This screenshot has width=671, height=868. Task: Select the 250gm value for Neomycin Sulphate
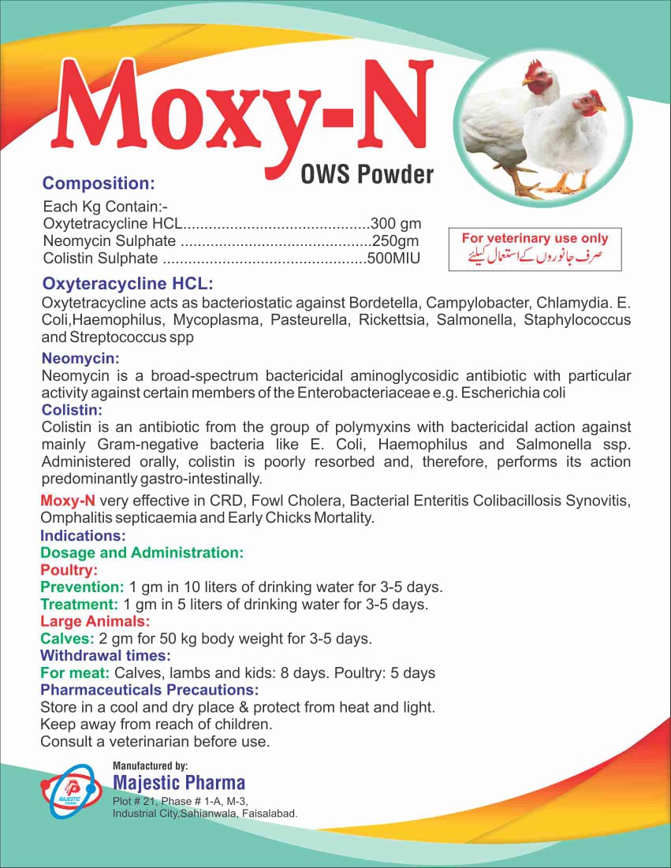[x=395, y=240]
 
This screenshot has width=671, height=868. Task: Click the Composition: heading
[x=99, y=184]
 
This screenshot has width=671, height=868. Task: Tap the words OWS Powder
[x=367, y=173]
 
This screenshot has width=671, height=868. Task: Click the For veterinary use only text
[x=535, y=238]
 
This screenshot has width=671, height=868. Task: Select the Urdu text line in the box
[x=535, y=256]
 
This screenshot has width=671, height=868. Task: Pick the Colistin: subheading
[x=72, y=409]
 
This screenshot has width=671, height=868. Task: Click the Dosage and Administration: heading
[x=142, y=553]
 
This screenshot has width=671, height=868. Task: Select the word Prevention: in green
[x=82, y=587]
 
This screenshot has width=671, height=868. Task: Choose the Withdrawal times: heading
[x=106, y=655]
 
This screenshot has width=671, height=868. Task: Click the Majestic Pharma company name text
[x=179, y=783]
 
